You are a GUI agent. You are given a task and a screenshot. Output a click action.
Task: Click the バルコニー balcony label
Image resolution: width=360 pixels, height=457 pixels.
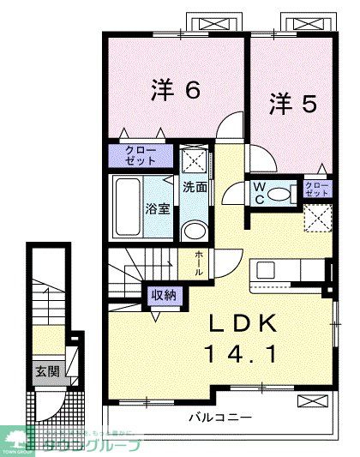pyautogui.click(x=220, y=418)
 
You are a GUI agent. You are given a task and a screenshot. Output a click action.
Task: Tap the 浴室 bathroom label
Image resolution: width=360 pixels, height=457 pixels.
pyautogui.click(x=156, y=209)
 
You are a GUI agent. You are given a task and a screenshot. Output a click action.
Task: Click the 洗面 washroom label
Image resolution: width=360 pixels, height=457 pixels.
pyautogui.click(x=195, y=187)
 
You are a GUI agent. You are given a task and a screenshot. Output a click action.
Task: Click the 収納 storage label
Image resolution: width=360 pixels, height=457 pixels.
pyautogui.click(x=164, y=295)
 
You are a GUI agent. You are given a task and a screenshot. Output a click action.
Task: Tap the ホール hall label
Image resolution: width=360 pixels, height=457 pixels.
pyautogui.click(x=199, y=262)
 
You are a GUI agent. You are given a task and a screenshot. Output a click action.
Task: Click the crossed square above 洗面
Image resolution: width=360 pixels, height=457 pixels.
pyautogui.click(x=195, y=160)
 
